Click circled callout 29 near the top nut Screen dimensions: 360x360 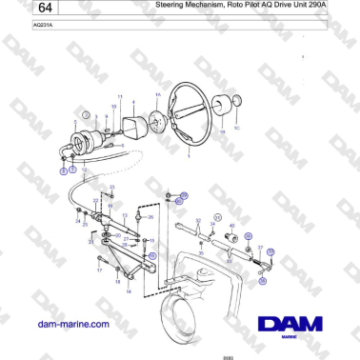tap(185, 195)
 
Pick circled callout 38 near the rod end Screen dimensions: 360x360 tap(264, 282)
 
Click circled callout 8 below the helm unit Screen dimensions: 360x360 tap(63, 172)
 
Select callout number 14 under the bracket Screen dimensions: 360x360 tap(129, 292)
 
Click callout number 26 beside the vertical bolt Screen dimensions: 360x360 tap(149, 217)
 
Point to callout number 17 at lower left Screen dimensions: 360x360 tap(97, 270)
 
